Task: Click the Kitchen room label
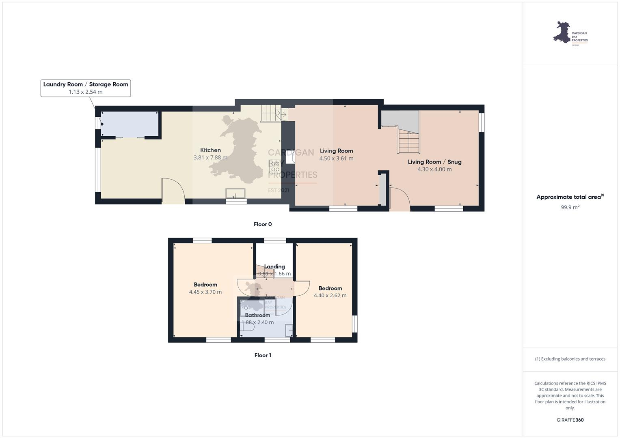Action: pos(210,150)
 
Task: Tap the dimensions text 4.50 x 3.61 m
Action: pos(336,159)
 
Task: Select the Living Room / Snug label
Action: pos(434,162)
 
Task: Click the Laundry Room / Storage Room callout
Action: pos(86,88)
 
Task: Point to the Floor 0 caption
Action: pos(263,224)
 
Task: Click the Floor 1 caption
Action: pos(263,355)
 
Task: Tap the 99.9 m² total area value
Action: pos(570,207)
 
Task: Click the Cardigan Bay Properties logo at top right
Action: pos(570,33)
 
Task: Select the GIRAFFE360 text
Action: pos(570,420)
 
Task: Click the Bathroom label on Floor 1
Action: pos(257,315)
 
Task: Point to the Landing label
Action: pos(274,266)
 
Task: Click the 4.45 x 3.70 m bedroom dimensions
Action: pos(205,292)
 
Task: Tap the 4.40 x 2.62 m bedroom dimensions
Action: pos(330,296)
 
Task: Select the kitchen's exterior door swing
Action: pos(173,190)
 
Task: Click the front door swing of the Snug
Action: pos(400,199)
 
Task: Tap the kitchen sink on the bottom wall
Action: pos(236,193)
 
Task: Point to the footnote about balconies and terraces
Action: pos(570,359)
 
